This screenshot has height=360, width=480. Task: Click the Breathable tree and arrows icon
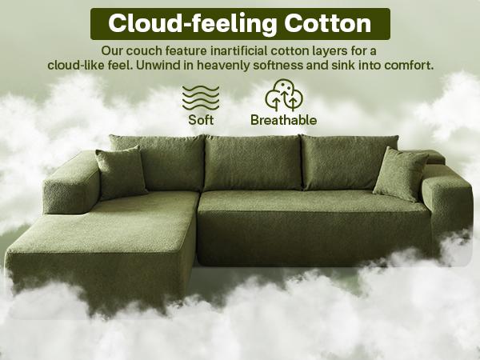pyautogui.click(x=283, y=95)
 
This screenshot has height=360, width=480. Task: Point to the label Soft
pyautogui.click(x=201, y=121)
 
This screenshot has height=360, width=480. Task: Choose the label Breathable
pyautogui.click(x=283, y=121)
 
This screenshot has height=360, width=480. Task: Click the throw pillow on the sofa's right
pyautogui.click(x=400, y=174)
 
